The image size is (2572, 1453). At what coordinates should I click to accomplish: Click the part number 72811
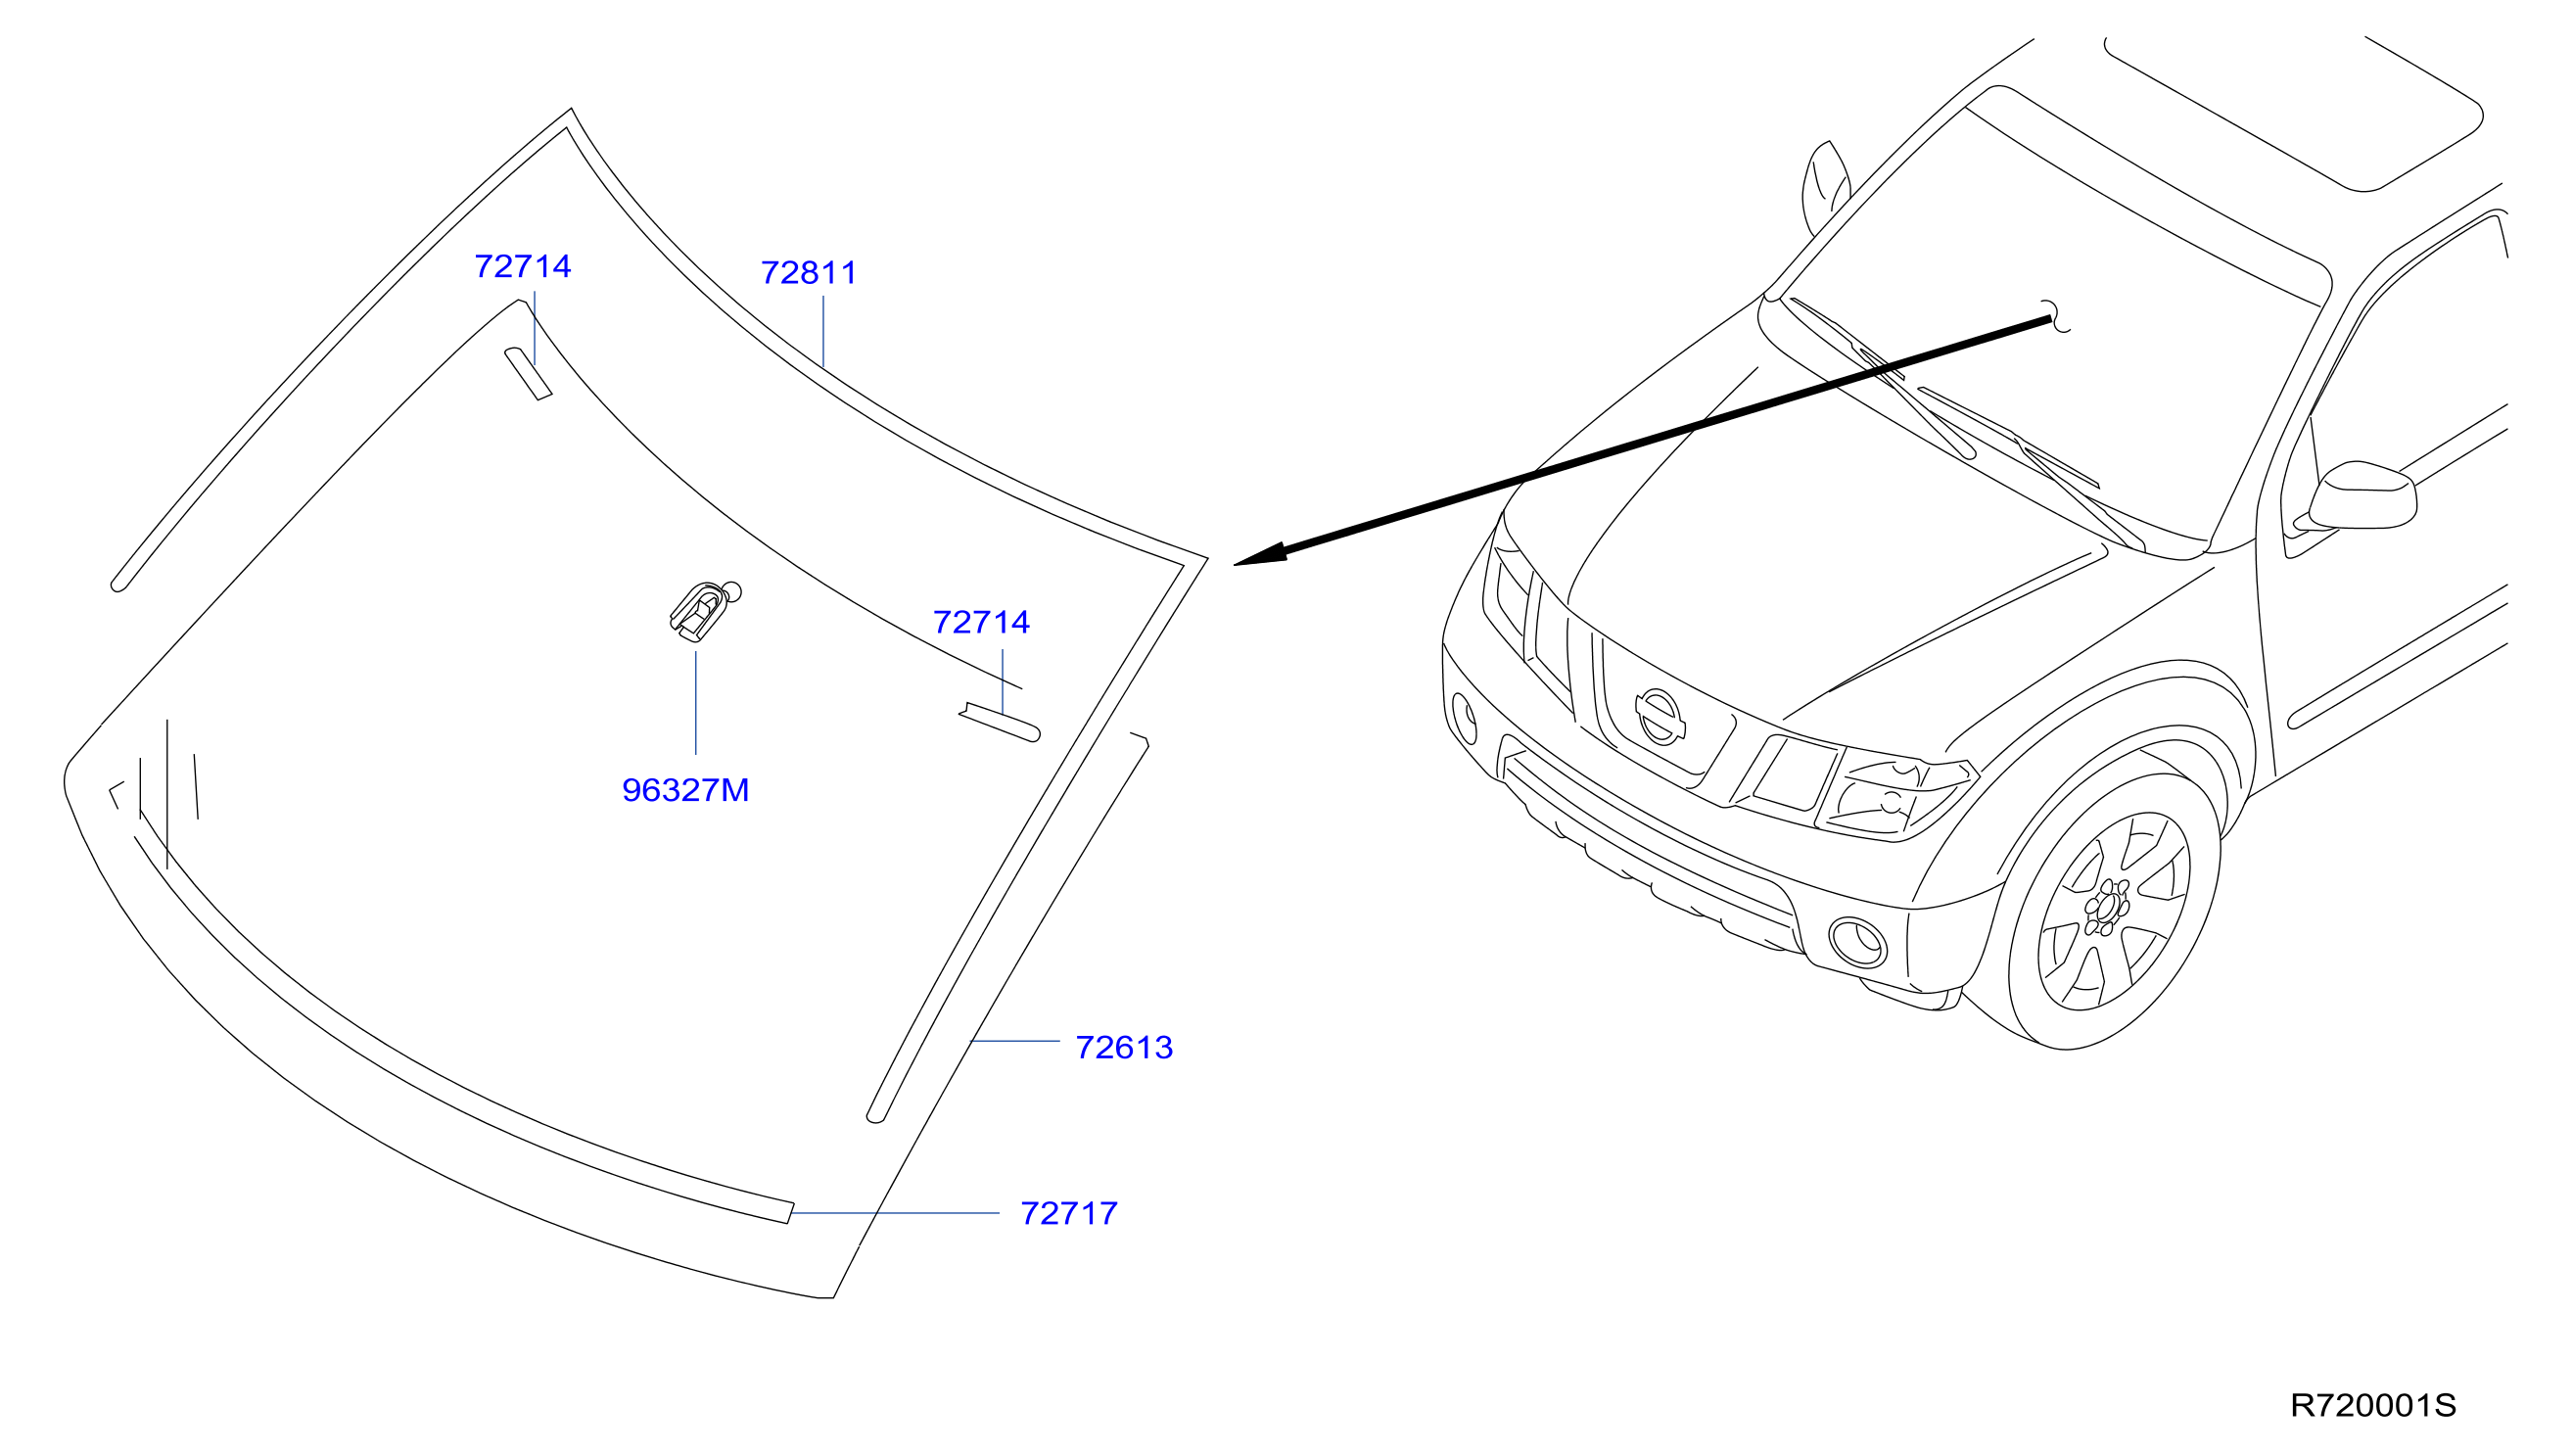coord(809,272)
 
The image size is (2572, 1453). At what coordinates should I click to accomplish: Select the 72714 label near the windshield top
coord(522,266)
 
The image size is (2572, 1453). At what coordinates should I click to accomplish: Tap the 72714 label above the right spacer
coord(980,622)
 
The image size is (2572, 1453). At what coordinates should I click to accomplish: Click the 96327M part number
coord(685,790)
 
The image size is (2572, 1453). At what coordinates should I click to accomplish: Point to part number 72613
coord(1123,1048)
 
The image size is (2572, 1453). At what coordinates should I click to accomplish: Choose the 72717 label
coord(1068,1213)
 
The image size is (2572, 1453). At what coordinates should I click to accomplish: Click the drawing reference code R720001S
coord(2372,1406)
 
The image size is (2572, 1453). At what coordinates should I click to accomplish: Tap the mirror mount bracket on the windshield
coord(705,610)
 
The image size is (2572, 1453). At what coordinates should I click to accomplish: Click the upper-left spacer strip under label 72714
coord(528,373)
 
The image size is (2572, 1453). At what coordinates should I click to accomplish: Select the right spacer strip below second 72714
coord(1000,723)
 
